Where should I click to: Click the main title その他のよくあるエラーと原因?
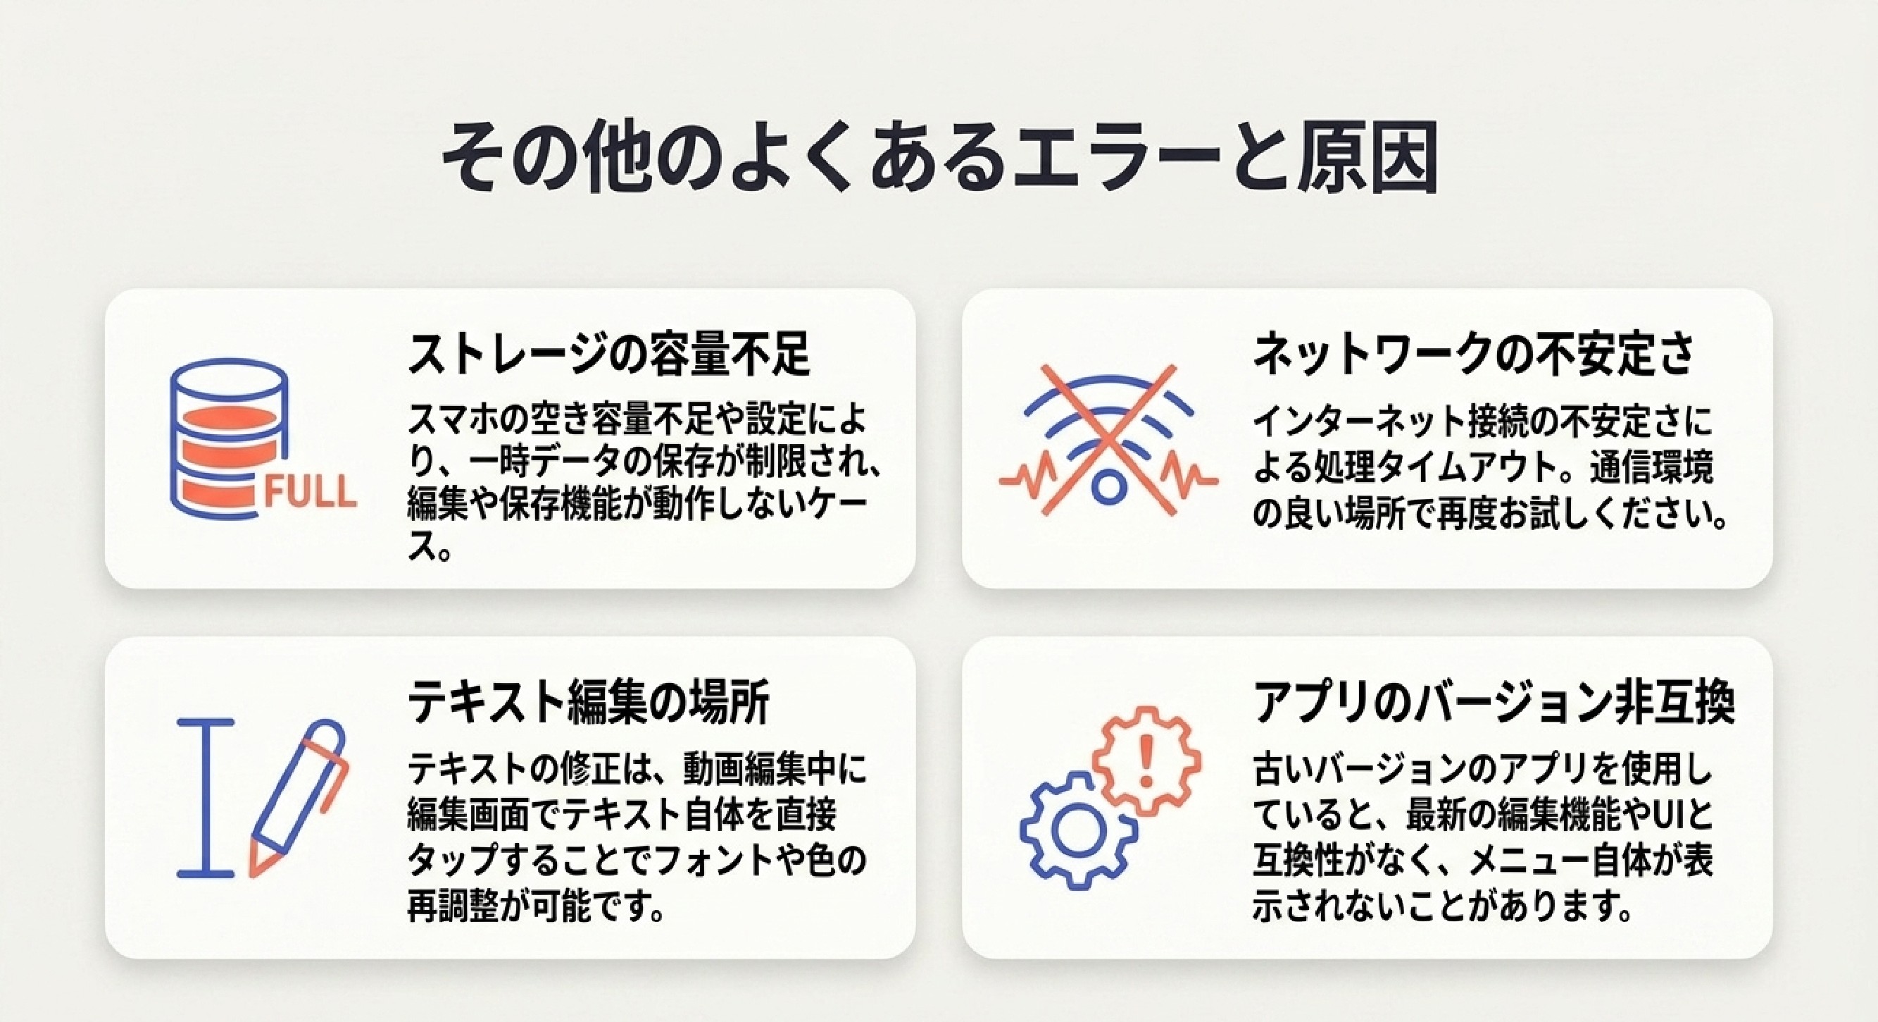tap(940, 159)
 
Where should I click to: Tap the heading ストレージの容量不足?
tap(608, 355)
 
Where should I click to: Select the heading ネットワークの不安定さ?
tap(1473, 355)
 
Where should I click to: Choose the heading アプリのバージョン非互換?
tap(1493, 703)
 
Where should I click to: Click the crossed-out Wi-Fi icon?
tap(1108, 441)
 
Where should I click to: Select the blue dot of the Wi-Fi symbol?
tap(1108, 487)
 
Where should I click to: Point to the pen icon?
tap(298, 796)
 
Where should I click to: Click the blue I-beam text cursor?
tap(206, 797)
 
